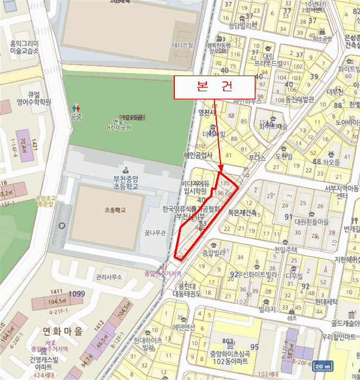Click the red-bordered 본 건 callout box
214,87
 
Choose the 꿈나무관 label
154,233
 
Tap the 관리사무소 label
109,277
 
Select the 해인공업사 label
197,155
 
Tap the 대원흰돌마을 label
312,221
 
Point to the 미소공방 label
323,39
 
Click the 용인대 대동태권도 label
187,290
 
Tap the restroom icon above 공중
75,108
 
